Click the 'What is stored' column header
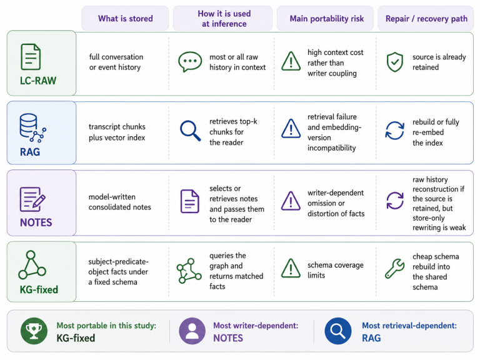coord(125,19)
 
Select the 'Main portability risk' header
coord(327,19)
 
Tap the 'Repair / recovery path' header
coord(426,19)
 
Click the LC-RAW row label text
coord(38,81)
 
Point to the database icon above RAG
coord(32,128)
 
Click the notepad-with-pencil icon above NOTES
coord(32,199)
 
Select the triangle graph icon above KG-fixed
coord(32,265)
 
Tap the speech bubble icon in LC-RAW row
coord(190,61)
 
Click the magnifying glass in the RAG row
coord(190,131)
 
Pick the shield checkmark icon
coord(395,62)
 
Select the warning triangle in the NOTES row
coord(291,201)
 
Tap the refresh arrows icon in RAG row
coord(394,131)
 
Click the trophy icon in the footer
coord(34,331)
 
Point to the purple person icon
coord(192,331)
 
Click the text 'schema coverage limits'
coord(336,270)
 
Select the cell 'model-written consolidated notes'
coord(120,202)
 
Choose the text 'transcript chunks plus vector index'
coord(117,132)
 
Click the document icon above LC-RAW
coord(31,57)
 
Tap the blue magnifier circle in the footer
coord(338,331)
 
